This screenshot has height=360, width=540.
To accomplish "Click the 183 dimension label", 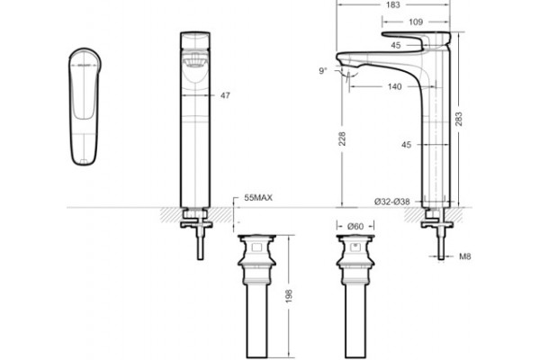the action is click(393, 4).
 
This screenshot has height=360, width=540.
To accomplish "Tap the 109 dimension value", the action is click(416, 22).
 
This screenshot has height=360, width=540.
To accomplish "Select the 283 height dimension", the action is click(459, 119).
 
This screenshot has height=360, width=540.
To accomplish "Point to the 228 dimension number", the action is click(342, 139).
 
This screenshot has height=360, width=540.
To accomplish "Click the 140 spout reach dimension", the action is click(395, 86).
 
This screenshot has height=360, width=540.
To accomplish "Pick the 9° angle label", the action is click(323, 71).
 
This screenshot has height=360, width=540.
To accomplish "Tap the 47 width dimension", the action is click(225, 95).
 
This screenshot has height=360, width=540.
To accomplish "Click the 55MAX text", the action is click(258, 198).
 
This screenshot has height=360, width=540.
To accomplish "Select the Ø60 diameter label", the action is click(355, 226).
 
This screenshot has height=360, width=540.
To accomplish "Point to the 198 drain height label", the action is click(289, 296).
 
